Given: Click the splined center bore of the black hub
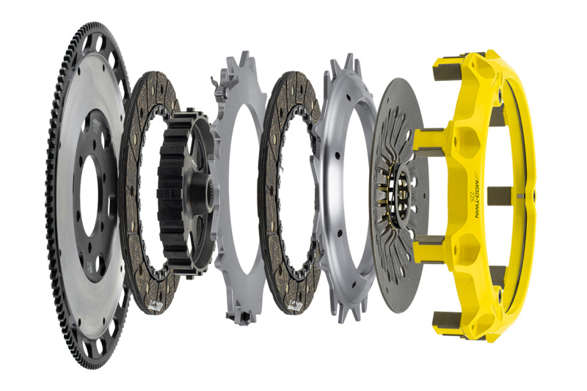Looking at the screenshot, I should tap(205, 195).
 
